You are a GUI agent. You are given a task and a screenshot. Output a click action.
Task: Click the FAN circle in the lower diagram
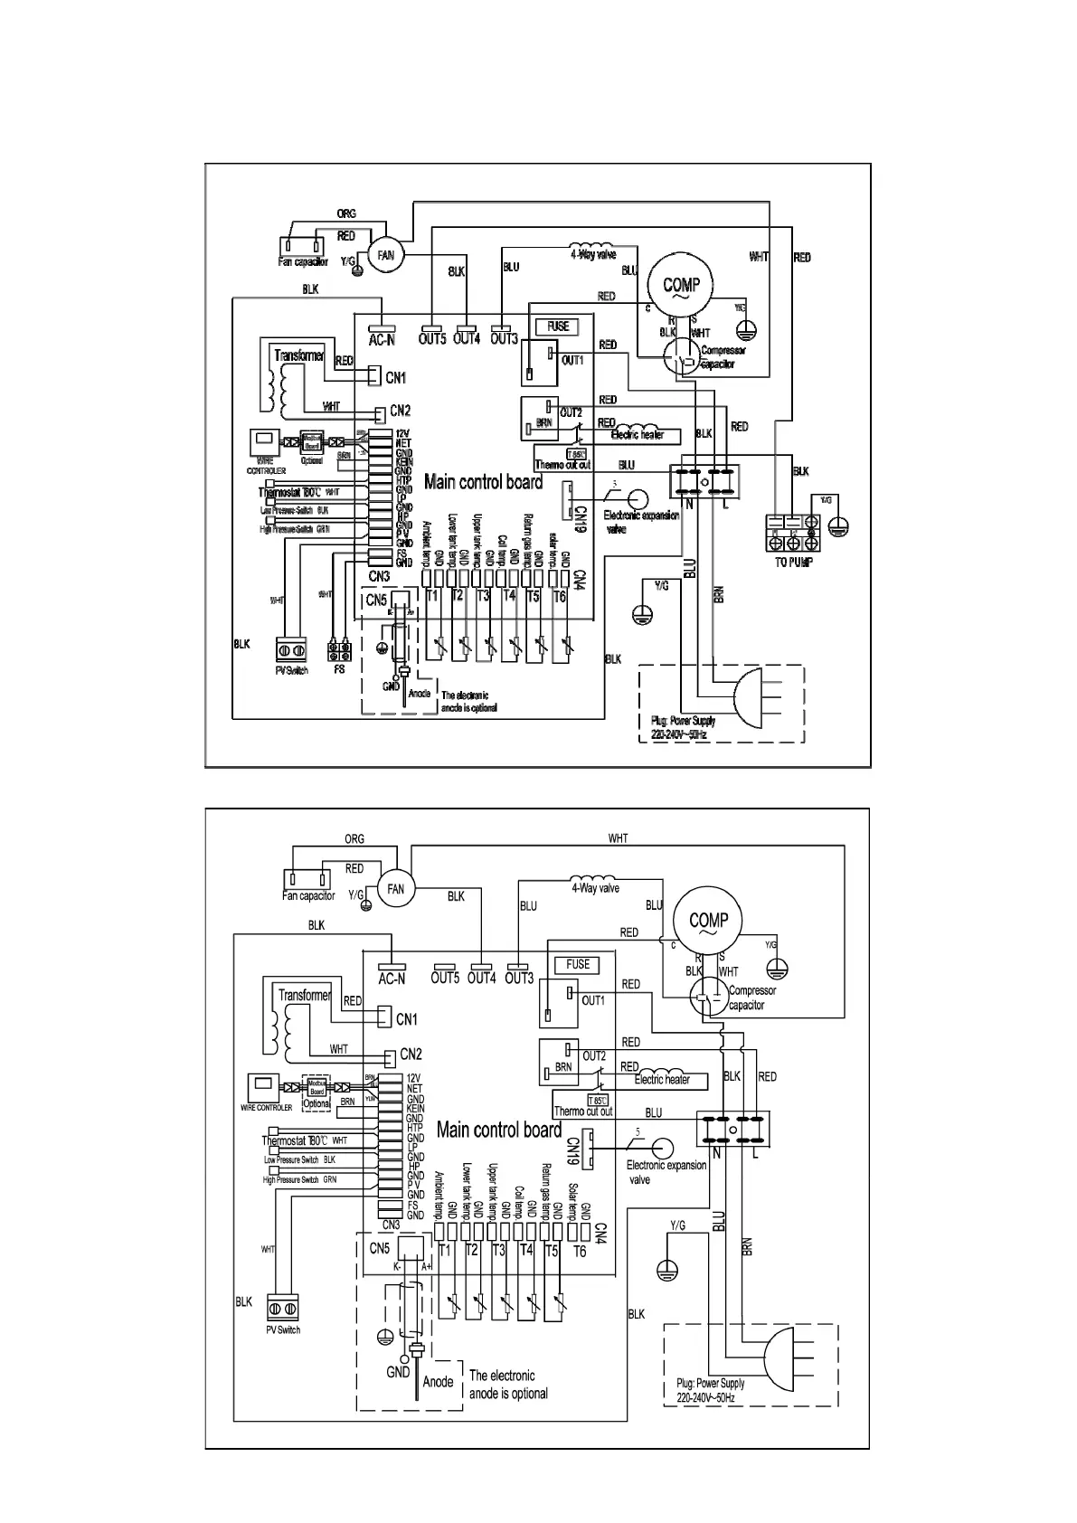tap(395, 888)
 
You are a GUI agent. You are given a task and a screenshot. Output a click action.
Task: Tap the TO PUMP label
tap(793, 562)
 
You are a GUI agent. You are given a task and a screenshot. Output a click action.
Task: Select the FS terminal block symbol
tap(339, 651)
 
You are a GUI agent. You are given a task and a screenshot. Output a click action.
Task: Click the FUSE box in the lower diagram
tap(578, 965)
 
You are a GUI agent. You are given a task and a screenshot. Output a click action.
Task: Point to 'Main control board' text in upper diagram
tap(483, 482)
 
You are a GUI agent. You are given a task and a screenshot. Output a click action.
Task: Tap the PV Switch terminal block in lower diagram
tap(282, 1308)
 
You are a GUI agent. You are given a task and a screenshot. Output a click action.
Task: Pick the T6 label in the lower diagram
tap(580, 1251)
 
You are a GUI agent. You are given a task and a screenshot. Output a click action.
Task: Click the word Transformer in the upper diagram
tap(299, 355)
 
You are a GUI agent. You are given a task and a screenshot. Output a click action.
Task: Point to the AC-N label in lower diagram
tap(391, 978)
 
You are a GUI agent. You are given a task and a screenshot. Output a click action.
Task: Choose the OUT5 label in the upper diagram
tap(432, 339)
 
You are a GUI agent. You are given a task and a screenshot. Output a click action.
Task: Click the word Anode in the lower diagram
tap(438, 1381)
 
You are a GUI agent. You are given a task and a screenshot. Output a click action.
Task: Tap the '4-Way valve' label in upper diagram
tap(593, 254)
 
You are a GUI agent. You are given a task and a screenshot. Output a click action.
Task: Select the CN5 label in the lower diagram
tap(379, 1249)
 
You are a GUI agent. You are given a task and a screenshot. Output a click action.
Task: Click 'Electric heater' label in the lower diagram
tap(662, 1079)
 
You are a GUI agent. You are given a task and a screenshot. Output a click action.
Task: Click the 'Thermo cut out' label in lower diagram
tap(582, 1111)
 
